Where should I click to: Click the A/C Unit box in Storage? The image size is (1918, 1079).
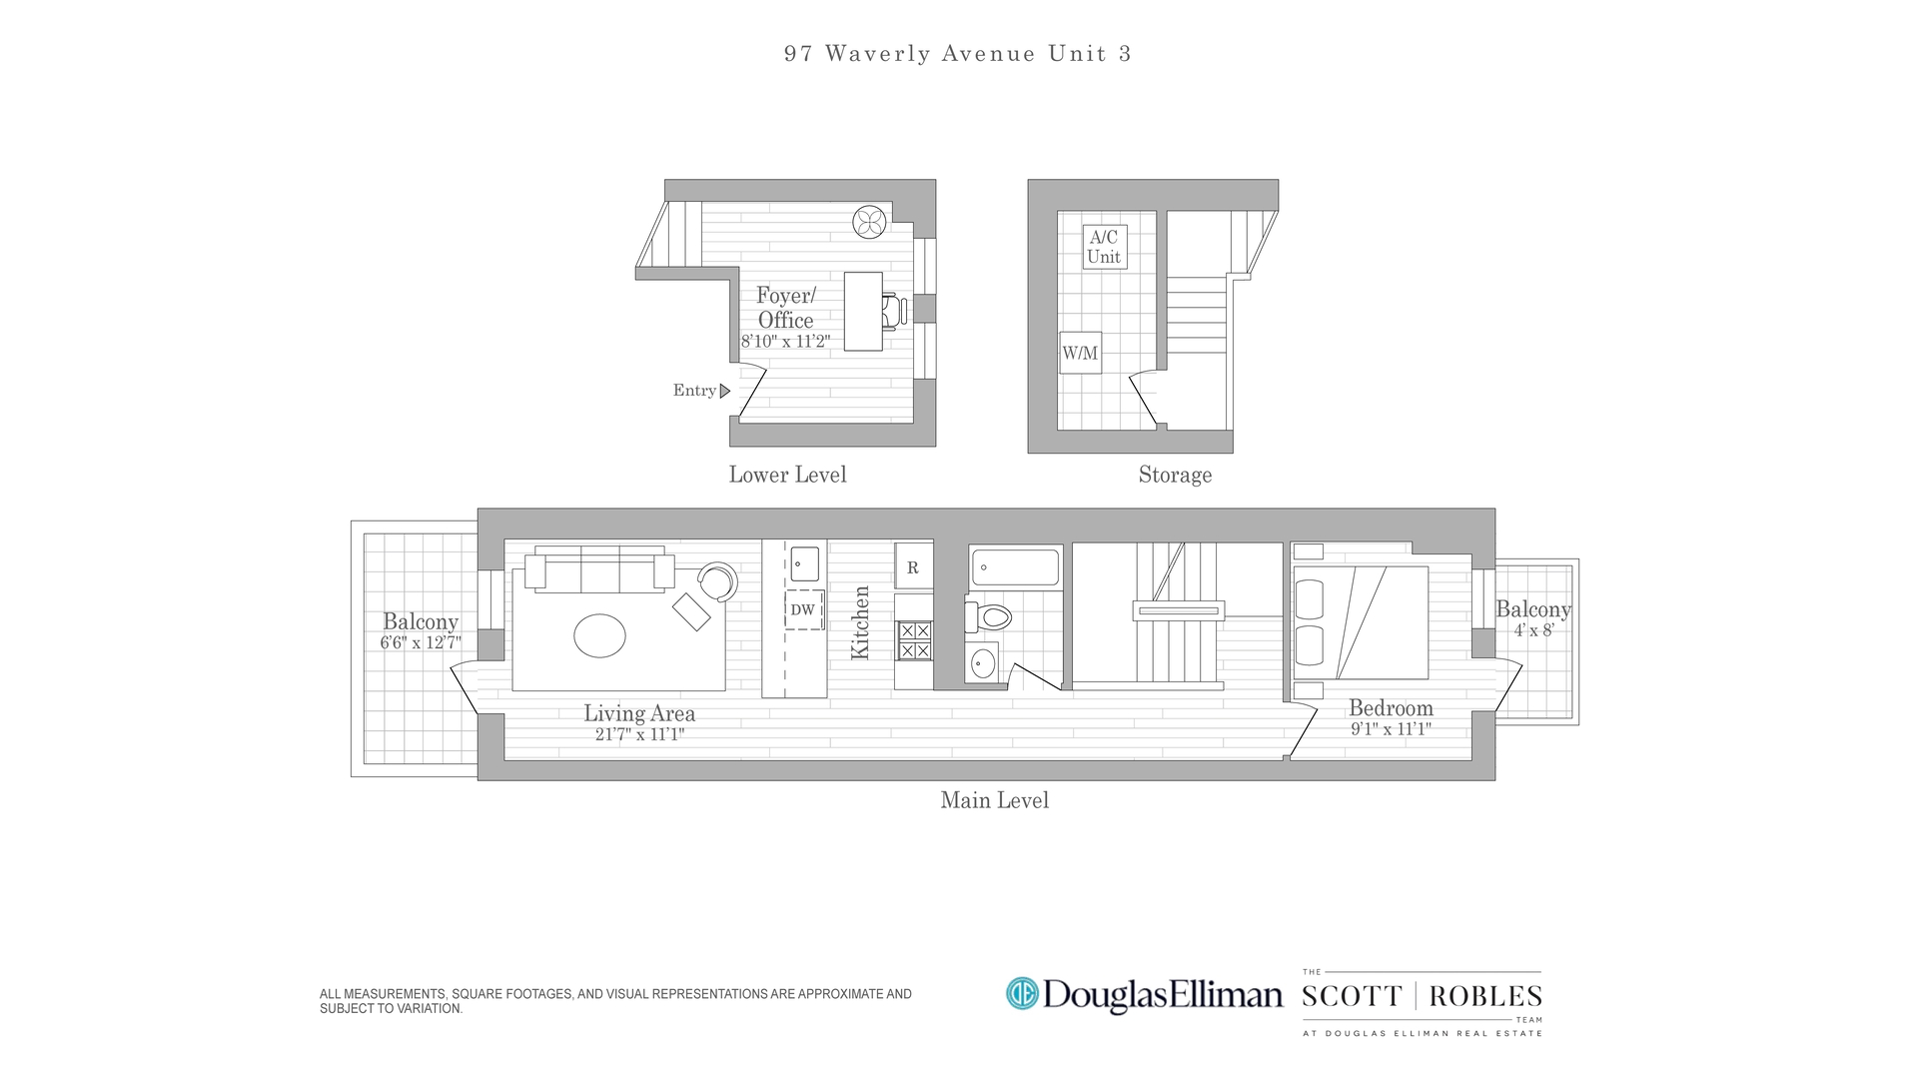coord(1104,246)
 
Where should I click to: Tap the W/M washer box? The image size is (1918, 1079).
coord(1080,353)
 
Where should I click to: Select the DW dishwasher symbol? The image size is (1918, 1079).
coord(803,609)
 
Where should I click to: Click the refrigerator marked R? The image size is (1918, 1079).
coord(913,566)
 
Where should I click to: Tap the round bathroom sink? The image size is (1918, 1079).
coord(983,661)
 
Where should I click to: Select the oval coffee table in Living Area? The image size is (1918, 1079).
coord(599,635)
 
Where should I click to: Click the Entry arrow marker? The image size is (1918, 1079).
coord(725,391)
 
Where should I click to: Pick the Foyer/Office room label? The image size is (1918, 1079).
coord(786,308)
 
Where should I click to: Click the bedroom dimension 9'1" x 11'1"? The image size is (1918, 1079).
coord(1391,729)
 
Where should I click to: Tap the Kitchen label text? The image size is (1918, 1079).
coord(860,622)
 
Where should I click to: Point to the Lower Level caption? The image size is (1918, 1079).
coord(787,476)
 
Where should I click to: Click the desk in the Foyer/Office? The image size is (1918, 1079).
coord(863,311)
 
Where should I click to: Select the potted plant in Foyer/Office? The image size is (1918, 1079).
coord(869,222)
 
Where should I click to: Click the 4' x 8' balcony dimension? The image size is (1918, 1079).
coord(1533,630)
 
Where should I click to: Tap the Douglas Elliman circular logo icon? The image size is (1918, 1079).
coord(1022,993)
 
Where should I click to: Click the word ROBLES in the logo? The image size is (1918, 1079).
coord(1485,996)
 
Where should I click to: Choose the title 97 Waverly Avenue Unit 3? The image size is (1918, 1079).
coord(957,54)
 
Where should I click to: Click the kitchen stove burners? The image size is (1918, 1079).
coord(914,640)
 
